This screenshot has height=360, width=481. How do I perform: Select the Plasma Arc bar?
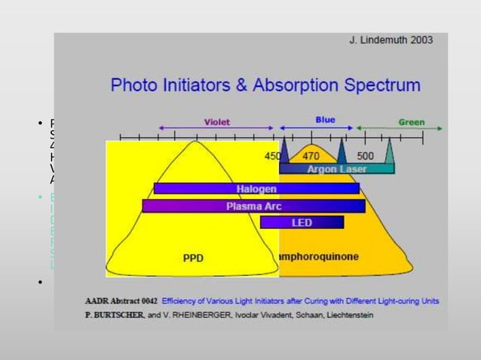click(253, 206)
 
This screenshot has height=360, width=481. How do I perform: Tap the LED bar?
click(302, 223)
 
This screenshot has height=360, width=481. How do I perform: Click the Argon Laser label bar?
click(337, 169)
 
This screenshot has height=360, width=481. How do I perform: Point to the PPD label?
click(193, 258)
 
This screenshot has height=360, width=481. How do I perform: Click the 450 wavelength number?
click(272, 156)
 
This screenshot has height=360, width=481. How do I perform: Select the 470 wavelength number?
click(311, 156)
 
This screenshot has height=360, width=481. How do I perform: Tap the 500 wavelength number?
click(365, 156)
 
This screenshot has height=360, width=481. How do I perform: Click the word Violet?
click(217, 122)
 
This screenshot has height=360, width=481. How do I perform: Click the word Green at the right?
click(412, 122)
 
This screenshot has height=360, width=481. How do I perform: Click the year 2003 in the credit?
click(418, 40)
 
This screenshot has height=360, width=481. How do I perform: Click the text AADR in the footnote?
click(98, 301)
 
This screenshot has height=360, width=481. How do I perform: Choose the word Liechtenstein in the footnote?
click(329, 314)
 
